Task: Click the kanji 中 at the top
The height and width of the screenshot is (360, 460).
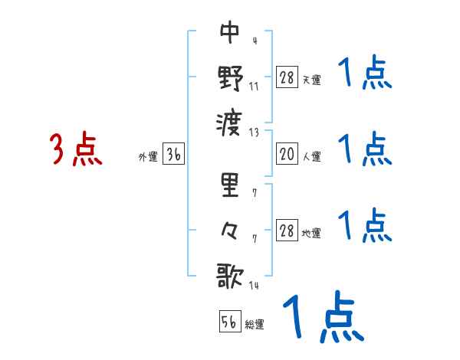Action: click(x=230, y=31)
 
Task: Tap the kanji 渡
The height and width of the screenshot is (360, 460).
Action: click(x=230, y=120)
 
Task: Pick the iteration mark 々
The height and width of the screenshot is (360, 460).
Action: click(x=230, y=229)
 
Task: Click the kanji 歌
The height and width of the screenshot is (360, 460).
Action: click(x=230, y=274)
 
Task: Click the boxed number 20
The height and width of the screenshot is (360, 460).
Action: click(x=287, y=155)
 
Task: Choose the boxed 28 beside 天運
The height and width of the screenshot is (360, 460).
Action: click(x=287, y=77)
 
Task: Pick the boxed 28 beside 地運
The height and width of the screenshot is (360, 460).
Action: click(x=287, y=231)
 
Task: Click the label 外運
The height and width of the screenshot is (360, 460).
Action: click(x=148, y=157)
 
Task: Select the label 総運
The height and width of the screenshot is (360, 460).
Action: click(x=255, y=324)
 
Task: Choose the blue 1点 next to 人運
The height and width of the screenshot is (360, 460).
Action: click(x=365, y=149)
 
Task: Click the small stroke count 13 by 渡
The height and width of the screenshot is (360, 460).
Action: click(x=255, y=131)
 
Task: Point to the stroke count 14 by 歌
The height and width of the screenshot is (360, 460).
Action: click(x=255, y=285)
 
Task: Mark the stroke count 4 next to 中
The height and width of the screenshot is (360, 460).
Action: click(x=254, y=41)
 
